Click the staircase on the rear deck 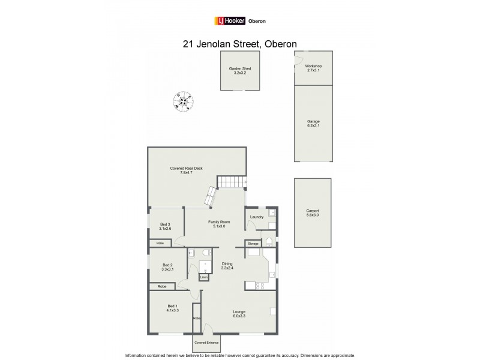pos(232,182)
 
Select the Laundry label pos(257,217)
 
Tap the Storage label pos(252,244)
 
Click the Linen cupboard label pos(205,278)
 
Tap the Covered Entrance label pos(205,343)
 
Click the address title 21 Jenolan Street pos(239,43)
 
